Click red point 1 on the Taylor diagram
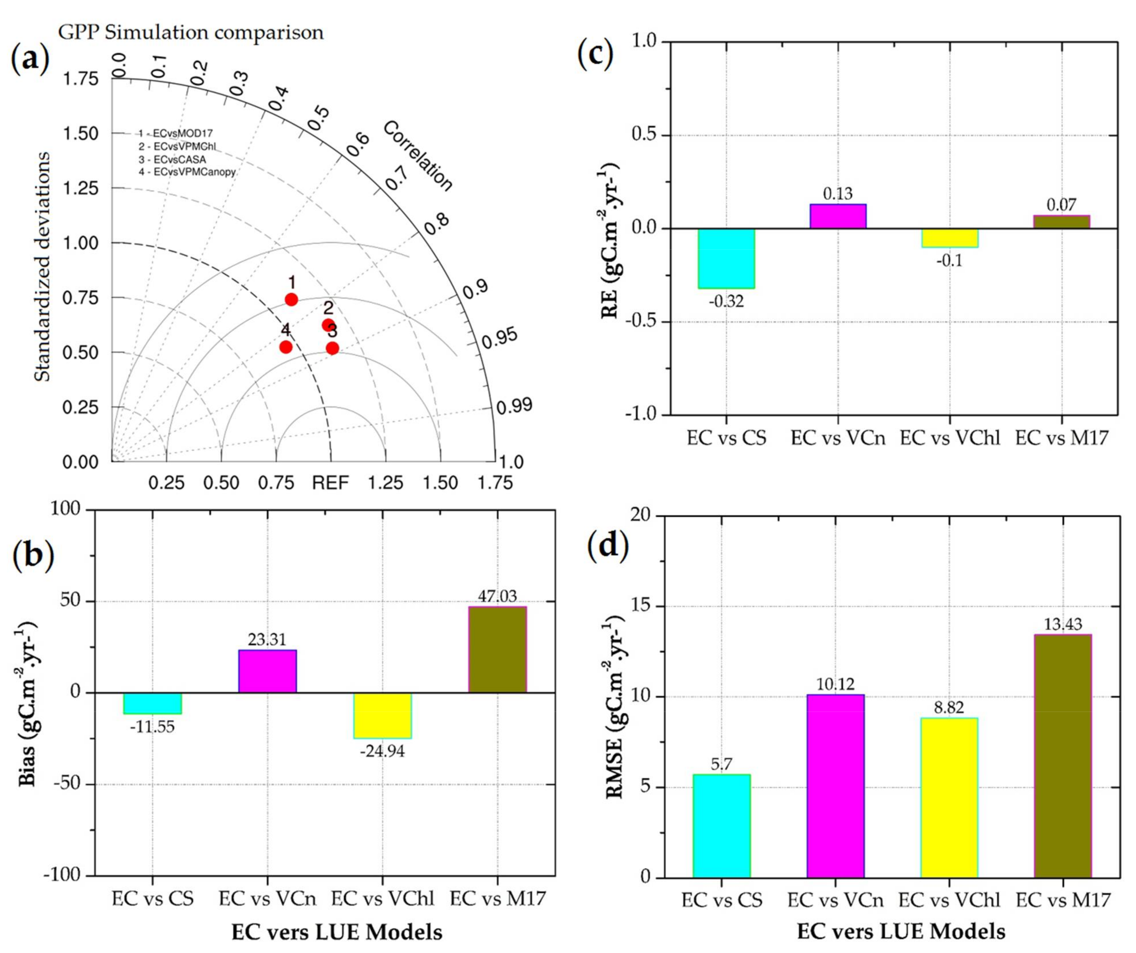click(291, 299)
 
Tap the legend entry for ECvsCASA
click(172, 160)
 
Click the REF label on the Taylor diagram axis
click(330, 482)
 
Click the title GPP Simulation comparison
click(190, 32)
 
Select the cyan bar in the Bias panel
click(153, 703)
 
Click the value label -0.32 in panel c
click(726, 301)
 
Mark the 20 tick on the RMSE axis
click(641, 516)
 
